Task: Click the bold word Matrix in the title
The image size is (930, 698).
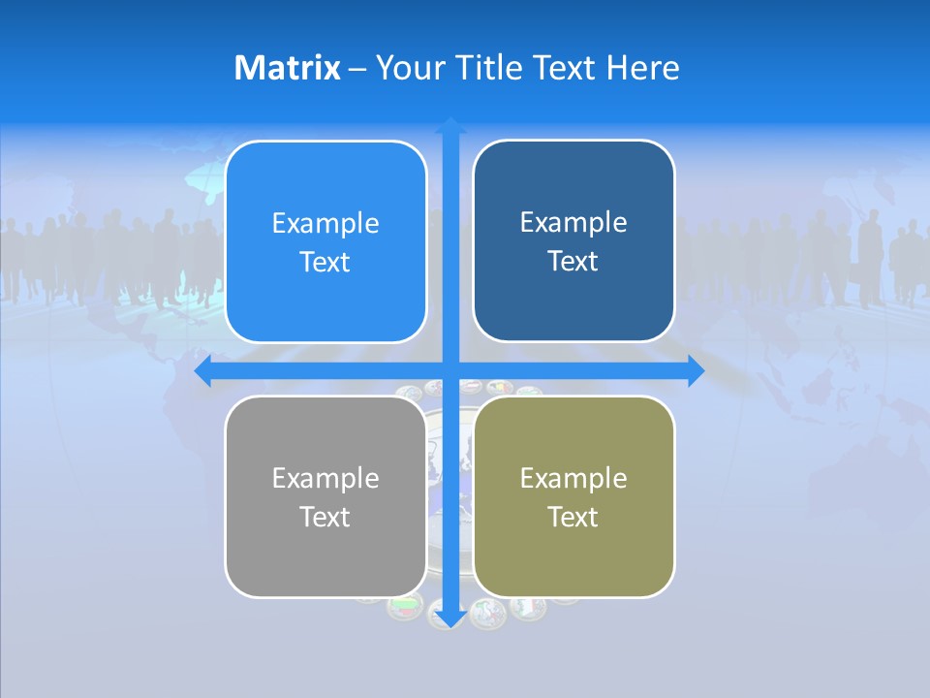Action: pos(288,68)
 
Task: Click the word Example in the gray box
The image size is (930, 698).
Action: pos(325,478)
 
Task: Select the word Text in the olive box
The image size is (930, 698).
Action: pos(573,517)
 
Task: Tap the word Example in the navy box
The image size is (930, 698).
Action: pos(573,222)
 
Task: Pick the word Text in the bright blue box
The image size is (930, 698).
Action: pos(325,262)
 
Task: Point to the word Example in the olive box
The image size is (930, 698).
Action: pos(573,478)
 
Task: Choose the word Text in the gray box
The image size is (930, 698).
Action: pos(325,517)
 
